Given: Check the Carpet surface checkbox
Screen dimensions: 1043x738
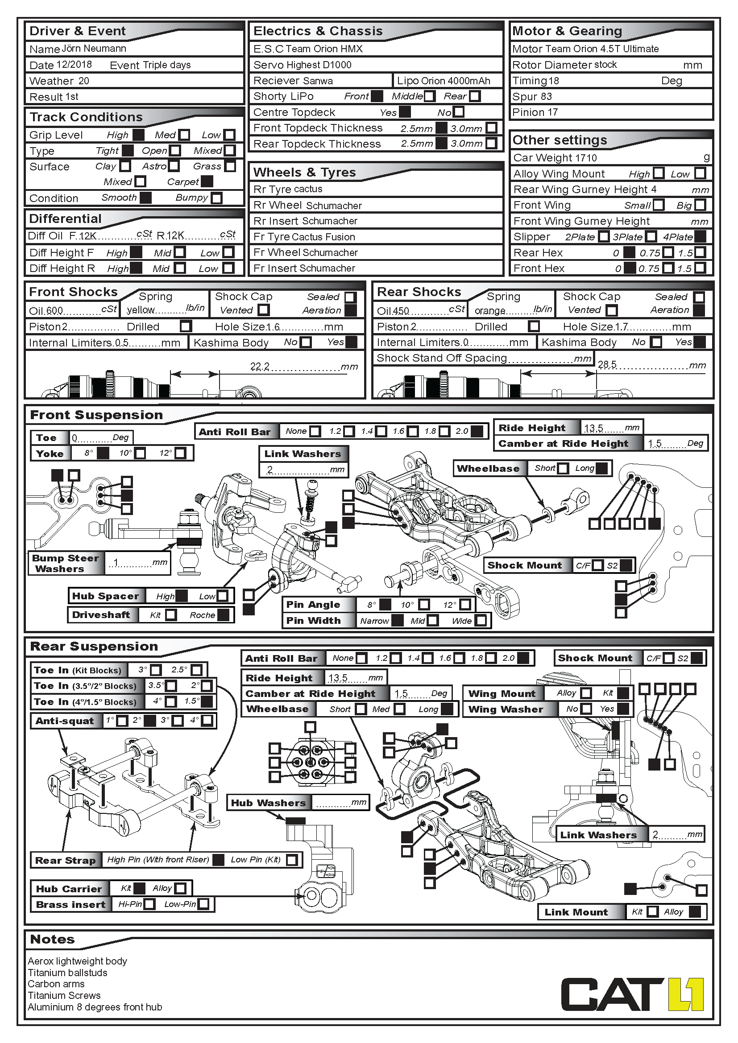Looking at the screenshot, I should point(207,181).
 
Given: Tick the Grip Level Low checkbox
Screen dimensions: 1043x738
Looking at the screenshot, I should point(230,135).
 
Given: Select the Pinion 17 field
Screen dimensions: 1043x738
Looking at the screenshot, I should point(535,112).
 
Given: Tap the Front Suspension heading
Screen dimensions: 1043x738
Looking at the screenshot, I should point(96,415).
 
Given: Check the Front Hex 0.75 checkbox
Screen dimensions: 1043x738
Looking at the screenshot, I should point(668,268).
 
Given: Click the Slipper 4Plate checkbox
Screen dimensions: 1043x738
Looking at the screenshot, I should point(700,237).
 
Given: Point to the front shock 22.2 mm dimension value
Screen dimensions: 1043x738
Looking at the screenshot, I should point(260,366).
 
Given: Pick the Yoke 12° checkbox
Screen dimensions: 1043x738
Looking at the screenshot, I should point(180,453).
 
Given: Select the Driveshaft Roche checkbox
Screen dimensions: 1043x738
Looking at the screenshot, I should point(223,615).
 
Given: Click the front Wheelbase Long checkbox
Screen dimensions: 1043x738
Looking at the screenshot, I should point(601,468).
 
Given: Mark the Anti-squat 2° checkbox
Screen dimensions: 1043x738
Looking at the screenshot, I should point(150,721).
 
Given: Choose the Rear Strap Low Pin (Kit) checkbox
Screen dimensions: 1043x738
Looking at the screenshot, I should point(292,860).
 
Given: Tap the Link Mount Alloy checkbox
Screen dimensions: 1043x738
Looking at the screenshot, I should point(695,911).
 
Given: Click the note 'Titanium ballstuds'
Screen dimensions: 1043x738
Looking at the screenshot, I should point(67,973).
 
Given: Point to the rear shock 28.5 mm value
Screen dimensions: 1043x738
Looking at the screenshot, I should point(607,364).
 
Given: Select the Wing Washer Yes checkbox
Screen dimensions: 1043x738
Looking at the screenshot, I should point(623,709).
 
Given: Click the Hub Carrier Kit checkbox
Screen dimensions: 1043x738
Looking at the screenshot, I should point(140,888).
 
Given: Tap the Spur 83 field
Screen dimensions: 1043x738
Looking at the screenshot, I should point(532,96).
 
